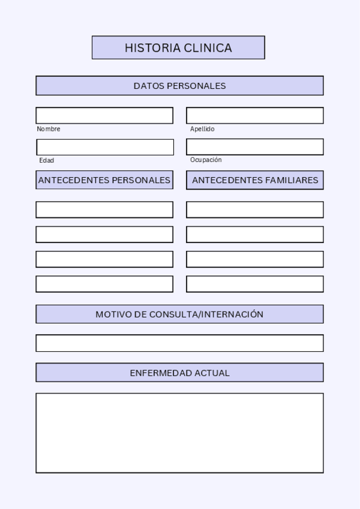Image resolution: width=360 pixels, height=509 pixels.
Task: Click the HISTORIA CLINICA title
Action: [178, 48]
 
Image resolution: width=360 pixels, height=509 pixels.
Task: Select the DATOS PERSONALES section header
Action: [179, 86]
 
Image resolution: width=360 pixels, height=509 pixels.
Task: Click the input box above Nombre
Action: [104, 115]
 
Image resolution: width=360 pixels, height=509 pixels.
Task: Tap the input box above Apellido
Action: [254, 115]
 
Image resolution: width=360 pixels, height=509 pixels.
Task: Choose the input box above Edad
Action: [105, 147]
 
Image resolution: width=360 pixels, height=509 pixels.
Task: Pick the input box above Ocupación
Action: [254, 147]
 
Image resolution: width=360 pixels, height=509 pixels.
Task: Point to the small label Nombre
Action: [49, 129]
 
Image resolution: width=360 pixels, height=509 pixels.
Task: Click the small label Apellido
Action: [202, 129]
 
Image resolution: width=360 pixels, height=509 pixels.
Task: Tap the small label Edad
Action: [46, 160]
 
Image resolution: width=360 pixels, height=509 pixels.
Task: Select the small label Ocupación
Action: [206, 160]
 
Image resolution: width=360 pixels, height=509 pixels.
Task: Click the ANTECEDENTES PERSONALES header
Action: [104, 180]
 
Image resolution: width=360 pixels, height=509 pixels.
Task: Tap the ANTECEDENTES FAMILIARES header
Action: [254, 180]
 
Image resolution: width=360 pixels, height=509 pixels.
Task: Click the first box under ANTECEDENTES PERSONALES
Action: [104, 209]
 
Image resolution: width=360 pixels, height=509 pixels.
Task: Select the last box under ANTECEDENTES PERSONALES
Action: [104, 284]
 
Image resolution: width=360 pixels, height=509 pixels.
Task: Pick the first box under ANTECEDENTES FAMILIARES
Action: [254, 209]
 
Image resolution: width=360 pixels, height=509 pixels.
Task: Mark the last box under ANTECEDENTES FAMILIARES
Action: [254, 284]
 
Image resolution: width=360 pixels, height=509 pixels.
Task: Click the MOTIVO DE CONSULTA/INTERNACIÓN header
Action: [179, 314]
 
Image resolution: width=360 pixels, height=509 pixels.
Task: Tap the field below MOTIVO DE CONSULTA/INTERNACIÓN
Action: [179, 343]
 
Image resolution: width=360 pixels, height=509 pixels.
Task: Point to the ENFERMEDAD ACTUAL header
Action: [179, 373]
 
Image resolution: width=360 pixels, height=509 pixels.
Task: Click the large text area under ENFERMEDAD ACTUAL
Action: [179, 433]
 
